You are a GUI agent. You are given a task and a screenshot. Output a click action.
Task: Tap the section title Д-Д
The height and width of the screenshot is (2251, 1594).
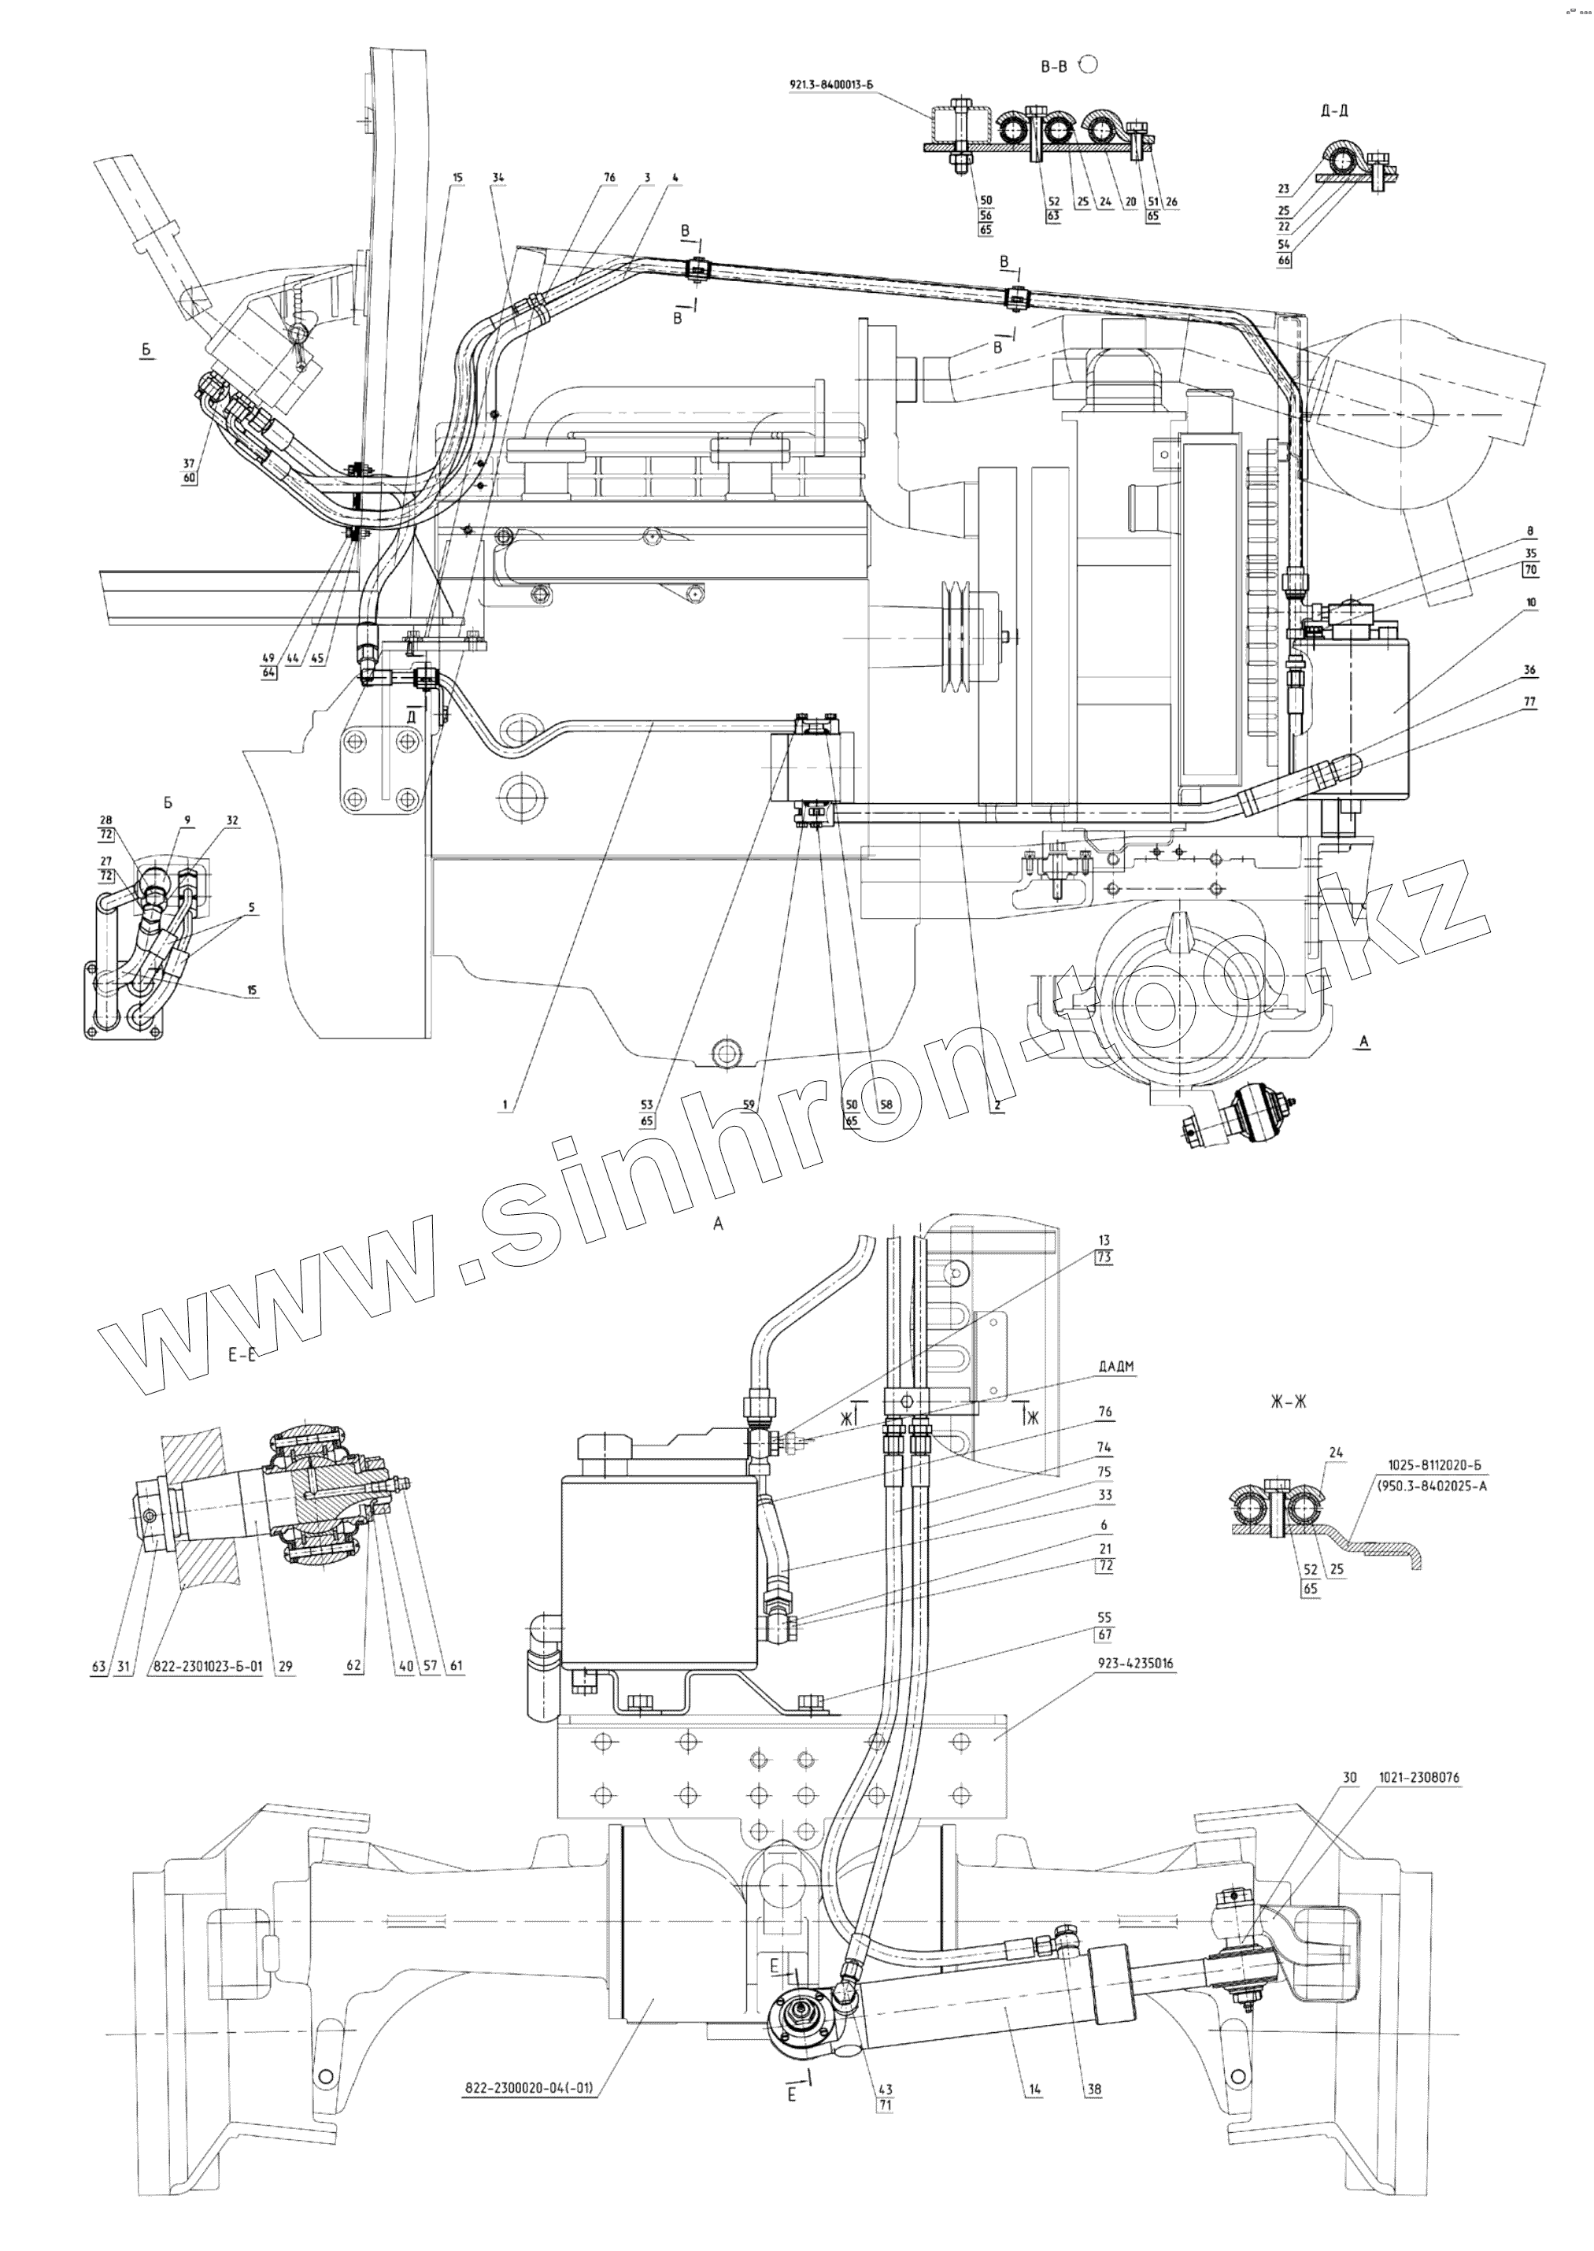tap(1334, 111)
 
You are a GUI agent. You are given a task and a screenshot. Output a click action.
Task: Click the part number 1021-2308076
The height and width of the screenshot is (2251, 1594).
tap(1418, 1778)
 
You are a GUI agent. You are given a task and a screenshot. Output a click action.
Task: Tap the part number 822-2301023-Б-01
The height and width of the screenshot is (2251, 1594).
tap(205, 1666)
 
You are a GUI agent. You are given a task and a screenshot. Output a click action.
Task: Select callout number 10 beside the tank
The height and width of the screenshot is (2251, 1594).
tap(1530, 603)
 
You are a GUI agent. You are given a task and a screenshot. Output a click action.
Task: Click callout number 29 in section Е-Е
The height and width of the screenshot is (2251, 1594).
tap(286, 1666)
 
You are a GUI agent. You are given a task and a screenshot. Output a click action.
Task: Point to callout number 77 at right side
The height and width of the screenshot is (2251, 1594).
tap(1530, 702)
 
